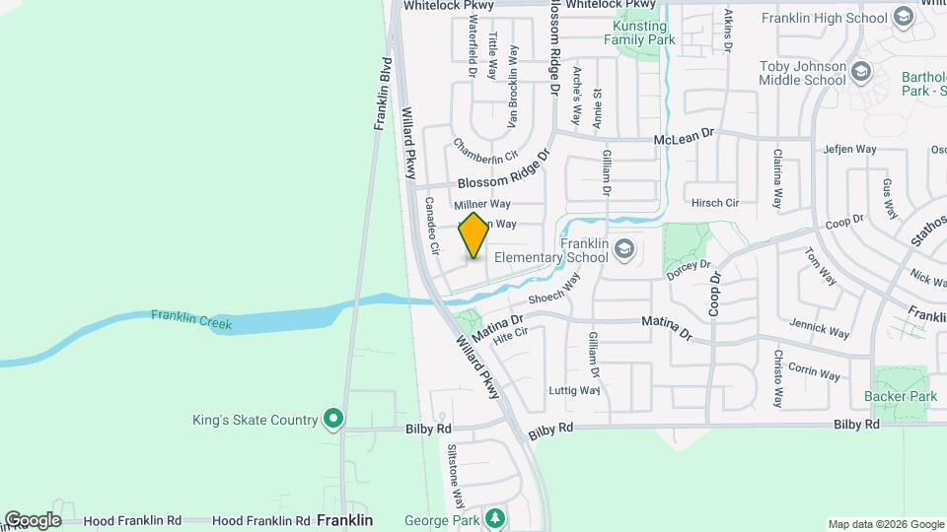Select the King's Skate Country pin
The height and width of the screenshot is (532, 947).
click(333, 420)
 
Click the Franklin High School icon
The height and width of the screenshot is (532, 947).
click(904, 17)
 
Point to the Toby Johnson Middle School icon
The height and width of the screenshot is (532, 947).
click(861, 71)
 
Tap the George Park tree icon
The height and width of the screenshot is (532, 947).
click(494, 519)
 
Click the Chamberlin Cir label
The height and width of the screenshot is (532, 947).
click(485, 151)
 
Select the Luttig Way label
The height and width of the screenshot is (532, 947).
click(575, 390)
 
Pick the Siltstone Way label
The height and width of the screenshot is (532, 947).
click(453, 469)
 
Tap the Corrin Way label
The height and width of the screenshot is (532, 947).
click(814, 374)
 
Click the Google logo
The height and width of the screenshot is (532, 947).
click(33, 520)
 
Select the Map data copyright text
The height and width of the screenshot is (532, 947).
click(885, 524)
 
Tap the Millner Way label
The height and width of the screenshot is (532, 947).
click(481, 204)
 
